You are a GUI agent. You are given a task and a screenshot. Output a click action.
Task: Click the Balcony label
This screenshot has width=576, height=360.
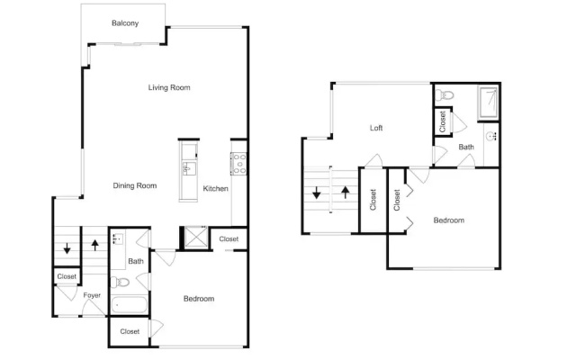point(125,23)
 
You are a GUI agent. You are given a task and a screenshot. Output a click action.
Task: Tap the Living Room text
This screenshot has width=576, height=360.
point(169,87)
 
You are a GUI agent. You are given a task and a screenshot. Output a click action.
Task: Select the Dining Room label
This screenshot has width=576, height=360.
point(135,185)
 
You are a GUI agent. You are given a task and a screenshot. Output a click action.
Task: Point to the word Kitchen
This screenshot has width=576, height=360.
point(216,188)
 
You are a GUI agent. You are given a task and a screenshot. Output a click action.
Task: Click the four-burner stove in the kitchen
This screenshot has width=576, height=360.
point(238,164)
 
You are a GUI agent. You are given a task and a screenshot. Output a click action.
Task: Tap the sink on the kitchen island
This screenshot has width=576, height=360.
point(189,168)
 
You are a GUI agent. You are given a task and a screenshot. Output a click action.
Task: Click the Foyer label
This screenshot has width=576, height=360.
point(92,295)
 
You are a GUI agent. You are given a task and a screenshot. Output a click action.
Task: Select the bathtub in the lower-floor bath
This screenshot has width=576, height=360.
point(129,305)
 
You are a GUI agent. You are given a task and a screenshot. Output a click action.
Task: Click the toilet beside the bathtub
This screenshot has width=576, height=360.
point(120,282)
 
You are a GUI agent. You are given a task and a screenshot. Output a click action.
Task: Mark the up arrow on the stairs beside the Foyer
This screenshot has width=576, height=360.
point(95,245)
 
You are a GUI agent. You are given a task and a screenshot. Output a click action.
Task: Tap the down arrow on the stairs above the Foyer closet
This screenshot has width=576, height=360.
point(67,248)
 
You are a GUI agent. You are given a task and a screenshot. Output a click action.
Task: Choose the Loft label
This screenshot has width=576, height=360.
point(376,128)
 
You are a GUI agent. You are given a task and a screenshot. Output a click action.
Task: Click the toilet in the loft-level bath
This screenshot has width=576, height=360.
point(445,94)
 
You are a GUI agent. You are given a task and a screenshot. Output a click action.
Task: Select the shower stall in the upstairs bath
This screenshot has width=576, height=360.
point(488,103)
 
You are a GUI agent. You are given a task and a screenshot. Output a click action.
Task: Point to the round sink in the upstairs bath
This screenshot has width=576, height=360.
point(490,136)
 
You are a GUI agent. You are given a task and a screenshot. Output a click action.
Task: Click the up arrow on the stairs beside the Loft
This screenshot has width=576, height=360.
point(346,192)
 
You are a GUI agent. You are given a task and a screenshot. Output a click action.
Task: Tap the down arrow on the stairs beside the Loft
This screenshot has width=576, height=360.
point(316,193)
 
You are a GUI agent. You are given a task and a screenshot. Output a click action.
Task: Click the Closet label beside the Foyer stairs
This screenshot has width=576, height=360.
point(67,276)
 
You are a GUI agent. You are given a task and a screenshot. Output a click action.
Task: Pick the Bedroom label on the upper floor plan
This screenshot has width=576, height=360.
point(449,220)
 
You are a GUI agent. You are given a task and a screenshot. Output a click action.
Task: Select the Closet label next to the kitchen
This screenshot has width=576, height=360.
point(229,238)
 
